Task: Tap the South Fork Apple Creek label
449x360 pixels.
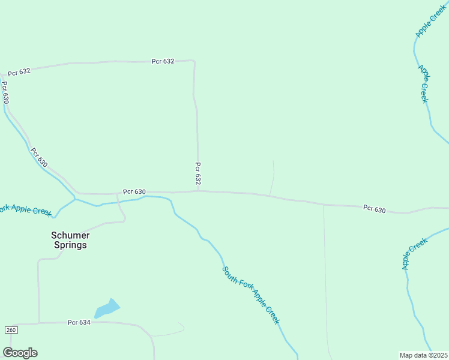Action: click(251, 295)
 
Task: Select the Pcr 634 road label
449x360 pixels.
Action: click(79, 322)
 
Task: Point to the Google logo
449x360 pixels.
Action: click(20, 353)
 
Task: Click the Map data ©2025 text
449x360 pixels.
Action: click(424, 355)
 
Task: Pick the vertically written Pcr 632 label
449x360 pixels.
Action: click(197, 173)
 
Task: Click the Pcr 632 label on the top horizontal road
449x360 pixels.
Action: click(163, 61)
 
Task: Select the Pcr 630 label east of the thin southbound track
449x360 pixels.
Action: click(374, 208)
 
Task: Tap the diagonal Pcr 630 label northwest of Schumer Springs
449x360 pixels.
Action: click(39, 157)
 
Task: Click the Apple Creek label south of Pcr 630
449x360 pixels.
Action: click(415, 253)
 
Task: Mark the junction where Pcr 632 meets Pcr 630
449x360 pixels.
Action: click(198, 191)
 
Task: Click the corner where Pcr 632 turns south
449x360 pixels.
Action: click(193, 61)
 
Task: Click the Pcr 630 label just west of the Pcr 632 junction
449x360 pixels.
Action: click(134, 191)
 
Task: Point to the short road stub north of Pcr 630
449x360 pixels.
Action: click(273, 177)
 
